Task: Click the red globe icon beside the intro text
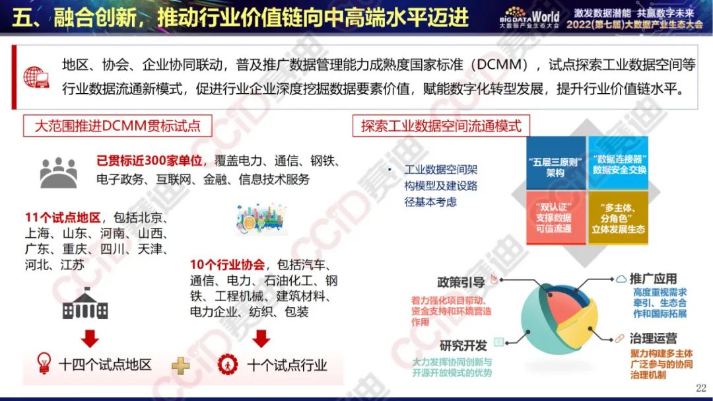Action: point(36,77)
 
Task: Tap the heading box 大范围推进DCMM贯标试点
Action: point(118,126)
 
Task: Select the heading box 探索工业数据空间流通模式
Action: point(441,126)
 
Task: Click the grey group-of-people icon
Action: point(59,172)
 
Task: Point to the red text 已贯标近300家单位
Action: point(149,161)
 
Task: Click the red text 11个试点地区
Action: point(63,217)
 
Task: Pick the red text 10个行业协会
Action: point(227,264)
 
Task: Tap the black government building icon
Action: point(85,304)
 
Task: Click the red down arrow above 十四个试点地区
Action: point(90,338)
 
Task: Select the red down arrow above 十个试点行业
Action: point(261,338)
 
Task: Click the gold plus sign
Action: point(180,365)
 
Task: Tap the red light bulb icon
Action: point(44,363)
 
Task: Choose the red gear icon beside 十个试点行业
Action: point(227,365)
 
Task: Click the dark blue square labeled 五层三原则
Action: point(556,163)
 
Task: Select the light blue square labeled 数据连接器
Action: point(619,163)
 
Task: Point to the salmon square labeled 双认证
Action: point(556,217)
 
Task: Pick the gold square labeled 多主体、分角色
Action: point(619,217)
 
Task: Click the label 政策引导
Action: point(461,282)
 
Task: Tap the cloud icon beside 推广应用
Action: point(621,279)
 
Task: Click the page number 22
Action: point(700,388)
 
